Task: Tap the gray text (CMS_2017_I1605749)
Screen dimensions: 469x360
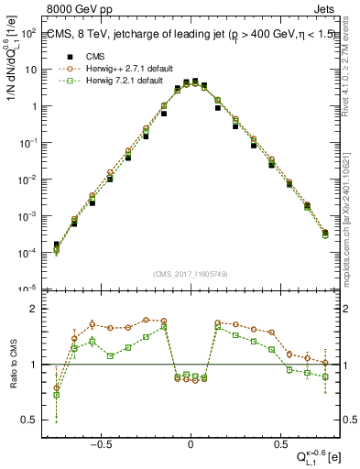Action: coord(190,274)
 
